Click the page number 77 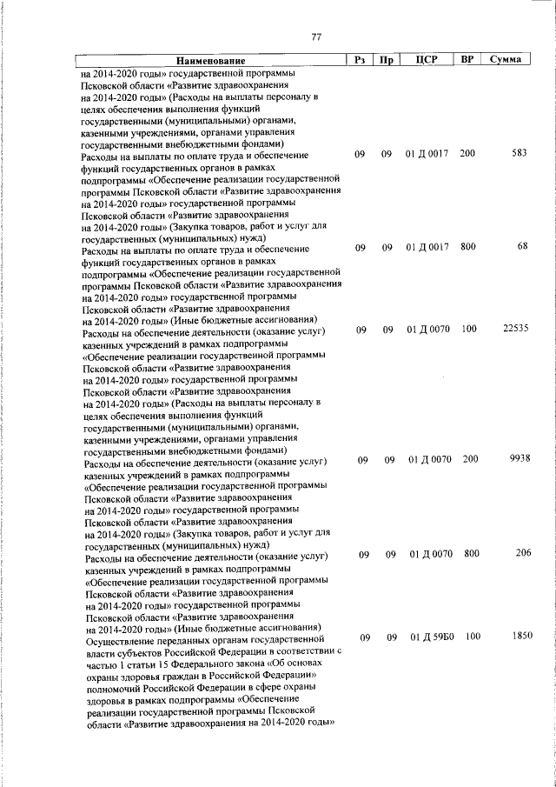coord(316,37)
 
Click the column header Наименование coord(210,61)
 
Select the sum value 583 coord(520,154)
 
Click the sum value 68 coord(522,247)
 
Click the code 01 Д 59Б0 coord(431,637)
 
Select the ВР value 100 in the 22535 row coord(470,330)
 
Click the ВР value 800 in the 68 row coord(468,247)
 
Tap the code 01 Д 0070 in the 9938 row coord(430,459)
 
